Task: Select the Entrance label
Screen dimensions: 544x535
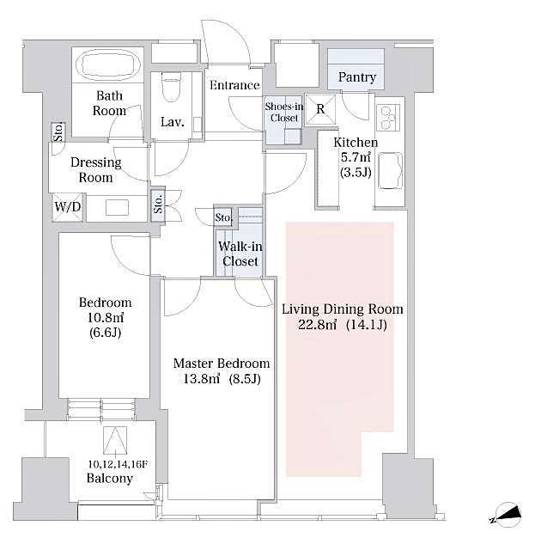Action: pyautogui.click(x=234, y=85)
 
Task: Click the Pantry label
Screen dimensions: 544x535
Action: pyautogui.click(x=356, y=77)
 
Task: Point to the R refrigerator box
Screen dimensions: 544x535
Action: pyautogui.click(x=320, y=109)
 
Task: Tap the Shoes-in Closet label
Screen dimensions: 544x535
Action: pyautogui.click(x=282, y=112)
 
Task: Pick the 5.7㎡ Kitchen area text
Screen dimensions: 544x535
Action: pyautogui.click(x=356, y=156)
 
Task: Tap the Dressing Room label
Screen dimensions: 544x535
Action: pyautogui.click(x=95, y=170)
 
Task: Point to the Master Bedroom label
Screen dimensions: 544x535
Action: pyautogui.click(x=221, y=364)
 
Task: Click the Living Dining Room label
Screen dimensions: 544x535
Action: pyautogui.click(x=342, y=309)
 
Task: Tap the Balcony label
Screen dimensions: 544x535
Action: pyautogui.click(x=110, y=479)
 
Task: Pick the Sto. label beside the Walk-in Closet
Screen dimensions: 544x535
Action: pyautogui.click(x=224, y=218)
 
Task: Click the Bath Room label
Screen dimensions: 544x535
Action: pyautogui.click(x=110, y=103)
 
